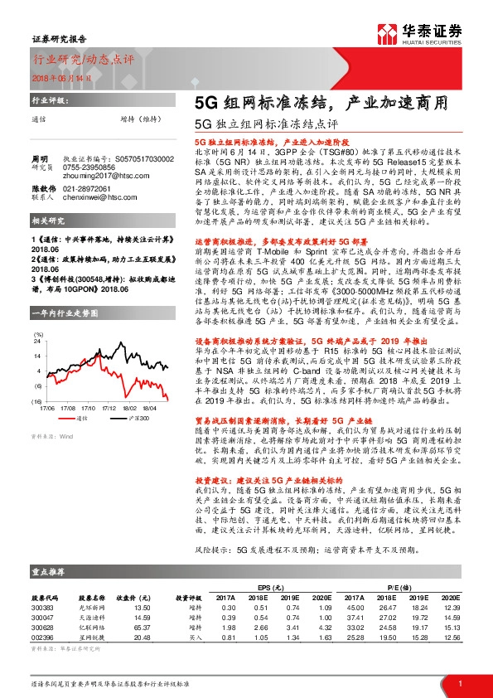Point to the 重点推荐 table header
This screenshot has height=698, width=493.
[x=45, y=572]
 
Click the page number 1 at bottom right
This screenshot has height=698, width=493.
[x=459, y=683]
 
